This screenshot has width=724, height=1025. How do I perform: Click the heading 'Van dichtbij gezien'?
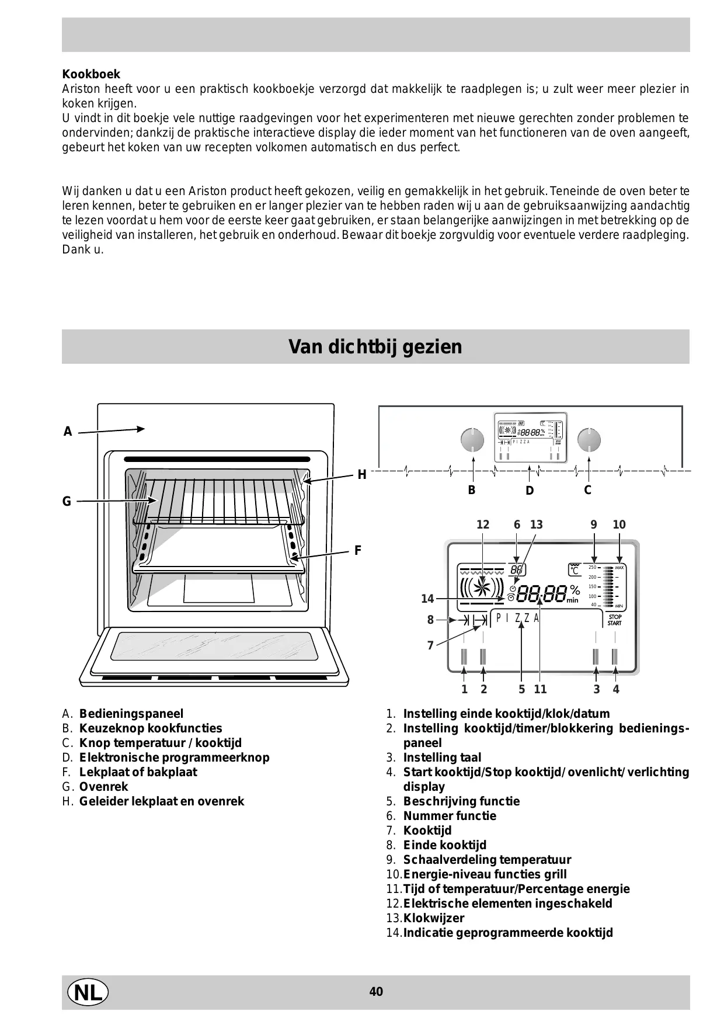375,347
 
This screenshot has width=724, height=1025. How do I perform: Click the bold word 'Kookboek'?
91,74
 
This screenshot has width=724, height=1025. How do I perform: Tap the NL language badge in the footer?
88,992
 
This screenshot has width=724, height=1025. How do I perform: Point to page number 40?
376,992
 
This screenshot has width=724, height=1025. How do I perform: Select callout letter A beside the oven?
68,432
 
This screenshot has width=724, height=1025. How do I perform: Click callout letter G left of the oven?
67,501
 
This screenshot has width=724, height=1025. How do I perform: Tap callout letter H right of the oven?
362,475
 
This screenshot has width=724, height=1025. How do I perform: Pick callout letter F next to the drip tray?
358,550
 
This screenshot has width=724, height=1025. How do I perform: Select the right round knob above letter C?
589,440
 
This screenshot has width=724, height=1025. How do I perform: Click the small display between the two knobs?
530,438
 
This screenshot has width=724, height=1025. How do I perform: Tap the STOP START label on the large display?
614,620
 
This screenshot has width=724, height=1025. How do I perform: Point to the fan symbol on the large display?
482,588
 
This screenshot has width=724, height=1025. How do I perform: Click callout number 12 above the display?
483,524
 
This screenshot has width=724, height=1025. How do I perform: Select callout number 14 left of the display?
427,599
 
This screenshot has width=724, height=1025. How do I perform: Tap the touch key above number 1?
464,657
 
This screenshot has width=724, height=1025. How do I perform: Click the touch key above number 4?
615,657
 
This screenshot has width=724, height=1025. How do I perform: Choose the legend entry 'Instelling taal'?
442,758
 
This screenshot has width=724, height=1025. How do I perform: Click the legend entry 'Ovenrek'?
103,787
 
